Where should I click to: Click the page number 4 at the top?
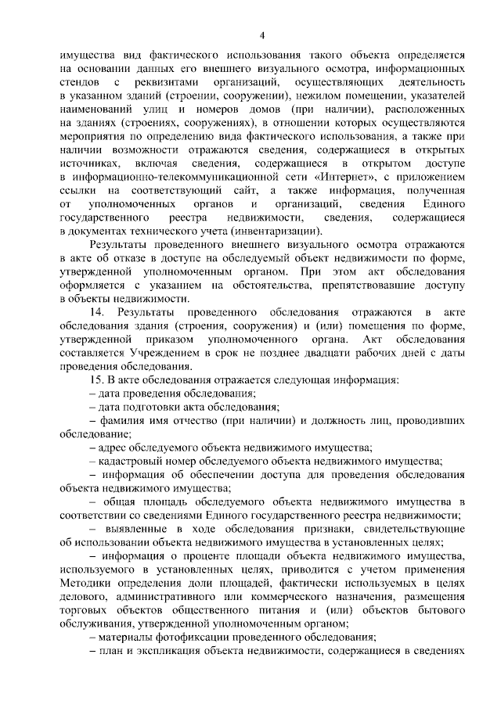tap(263, 34)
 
